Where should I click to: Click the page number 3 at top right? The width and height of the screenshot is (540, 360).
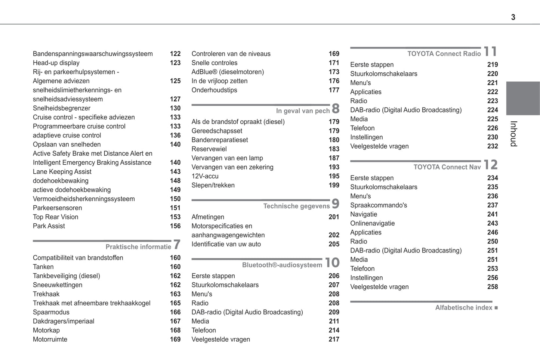pyautogui.click(x=513, y=17)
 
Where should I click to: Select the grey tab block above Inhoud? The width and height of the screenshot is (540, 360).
pyautogui.click(x=523, y=98)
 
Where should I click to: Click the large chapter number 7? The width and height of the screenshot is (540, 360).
pyautogui.click(x=177, y=245)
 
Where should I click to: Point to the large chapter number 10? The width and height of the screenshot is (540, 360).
pyautogui.click(x=332, y=263)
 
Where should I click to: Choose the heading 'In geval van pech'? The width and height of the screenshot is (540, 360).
pyautogui.click(x=303, y=111)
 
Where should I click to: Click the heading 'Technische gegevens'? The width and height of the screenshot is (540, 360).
pyautogui.click(x=296, y=206)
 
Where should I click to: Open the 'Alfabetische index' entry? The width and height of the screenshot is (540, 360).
pyautogui.click(x=463, y=308)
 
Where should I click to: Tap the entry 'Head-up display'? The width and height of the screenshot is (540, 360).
pyautogui.click(x=56, y=63)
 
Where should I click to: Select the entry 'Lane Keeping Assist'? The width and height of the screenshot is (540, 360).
pyautogui.click(x=62, y=172)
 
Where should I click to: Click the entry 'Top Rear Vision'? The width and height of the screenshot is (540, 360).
pyautogui.click(x=56, y=217)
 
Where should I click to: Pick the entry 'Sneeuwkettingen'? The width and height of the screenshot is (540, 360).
pyautogui.click(x=58, y=285)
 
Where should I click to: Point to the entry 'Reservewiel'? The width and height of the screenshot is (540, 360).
pyautogui.click(x=209, y=149)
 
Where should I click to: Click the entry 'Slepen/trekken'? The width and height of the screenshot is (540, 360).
pyautogui.click(x=213, y=185)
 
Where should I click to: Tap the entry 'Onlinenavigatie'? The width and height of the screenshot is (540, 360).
pyautogui.click(x=372, y=223)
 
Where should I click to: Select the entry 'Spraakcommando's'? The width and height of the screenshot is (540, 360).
pyautogui.click(x=379, y=205)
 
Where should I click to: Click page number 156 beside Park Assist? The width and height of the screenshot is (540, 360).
pyautogui.click(x=175, y=226)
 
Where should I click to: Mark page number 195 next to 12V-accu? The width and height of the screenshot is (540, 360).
pyautogui.click(x=334, y=176)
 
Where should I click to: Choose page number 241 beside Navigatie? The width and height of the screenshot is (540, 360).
pyautogui.click(x=493, y=214)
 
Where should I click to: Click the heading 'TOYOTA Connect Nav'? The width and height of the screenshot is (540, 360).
pyautogui.click(x=447, y=167)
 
